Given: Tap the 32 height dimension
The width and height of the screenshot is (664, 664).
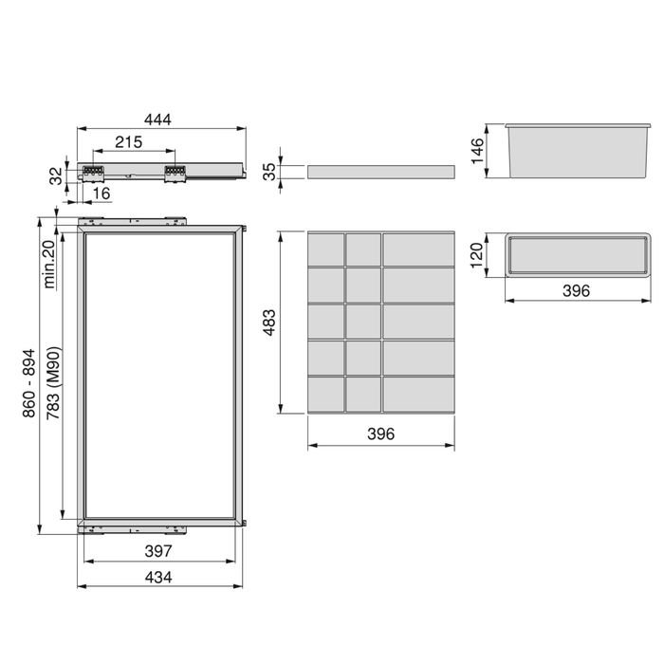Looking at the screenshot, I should point(56,175).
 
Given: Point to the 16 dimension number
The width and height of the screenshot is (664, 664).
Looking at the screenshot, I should point(102,194).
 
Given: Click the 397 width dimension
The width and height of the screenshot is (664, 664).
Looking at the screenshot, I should point(158,551).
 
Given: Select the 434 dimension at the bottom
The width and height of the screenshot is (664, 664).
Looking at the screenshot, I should point(158,578).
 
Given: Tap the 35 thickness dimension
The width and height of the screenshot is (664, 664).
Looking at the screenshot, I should point(269,171).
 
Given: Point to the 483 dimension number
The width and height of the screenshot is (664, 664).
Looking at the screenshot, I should point(269,323).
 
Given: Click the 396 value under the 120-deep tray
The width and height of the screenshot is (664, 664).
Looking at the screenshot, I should point(575,290).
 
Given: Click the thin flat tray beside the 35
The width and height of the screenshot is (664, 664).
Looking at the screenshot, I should point(380,171).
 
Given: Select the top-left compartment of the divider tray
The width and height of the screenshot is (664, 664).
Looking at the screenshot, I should point(325,249).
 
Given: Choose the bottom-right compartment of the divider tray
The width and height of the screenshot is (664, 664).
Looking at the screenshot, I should point(418,393).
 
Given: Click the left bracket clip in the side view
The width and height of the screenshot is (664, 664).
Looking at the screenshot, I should point(93,172).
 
